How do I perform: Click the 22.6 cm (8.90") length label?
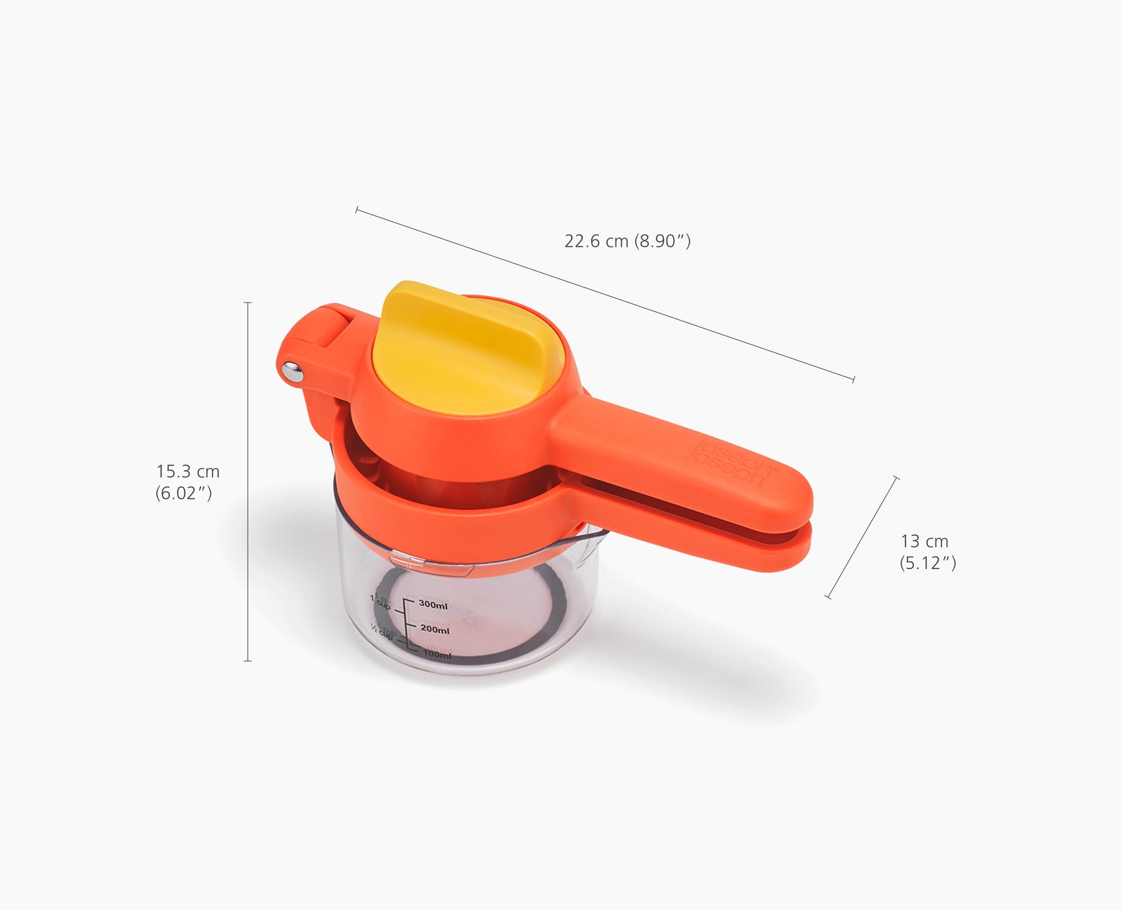click(627, 241)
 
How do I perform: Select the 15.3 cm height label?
click(188, 471)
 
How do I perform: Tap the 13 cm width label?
click(924, 541)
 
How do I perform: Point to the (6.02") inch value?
click(184, 494)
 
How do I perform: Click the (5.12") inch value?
click(928, 563)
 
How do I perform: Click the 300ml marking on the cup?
click(433, 604)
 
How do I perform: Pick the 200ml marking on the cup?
click(434, 630)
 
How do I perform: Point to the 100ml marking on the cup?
click(436, 654)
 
